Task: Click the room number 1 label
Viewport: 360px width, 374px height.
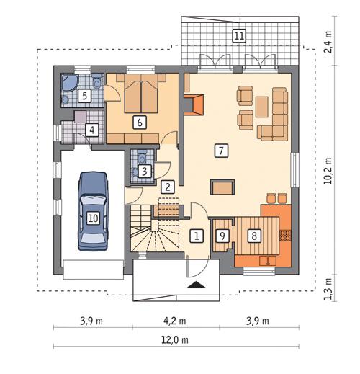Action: (x=194, y=235)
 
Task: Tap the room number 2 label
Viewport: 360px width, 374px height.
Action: (x=167, y=187)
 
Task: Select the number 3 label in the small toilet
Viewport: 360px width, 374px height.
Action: (x=145, y=171)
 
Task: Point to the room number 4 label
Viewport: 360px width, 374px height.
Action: (x=91, y=130)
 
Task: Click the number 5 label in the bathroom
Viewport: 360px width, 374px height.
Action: (x=85, y=94)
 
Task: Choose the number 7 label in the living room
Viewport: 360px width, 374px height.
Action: (x=221, y=150)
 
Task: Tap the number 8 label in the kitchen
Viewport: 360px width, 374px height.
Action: (x=253, y=234)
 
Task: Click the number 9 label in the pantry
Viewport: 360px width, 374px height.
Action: (x=222, y=234)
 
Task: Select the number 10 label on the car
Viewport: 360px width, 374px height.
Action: (x=92, y=216)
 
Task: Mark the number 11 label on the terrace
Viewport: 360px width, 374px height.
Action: (x=238, y=35)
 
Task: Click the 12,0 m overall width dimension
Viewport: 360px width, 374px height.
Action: (x=175, y=339)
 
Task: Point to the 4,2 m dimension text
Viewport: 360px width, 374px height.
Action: (x=175, y=321)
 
